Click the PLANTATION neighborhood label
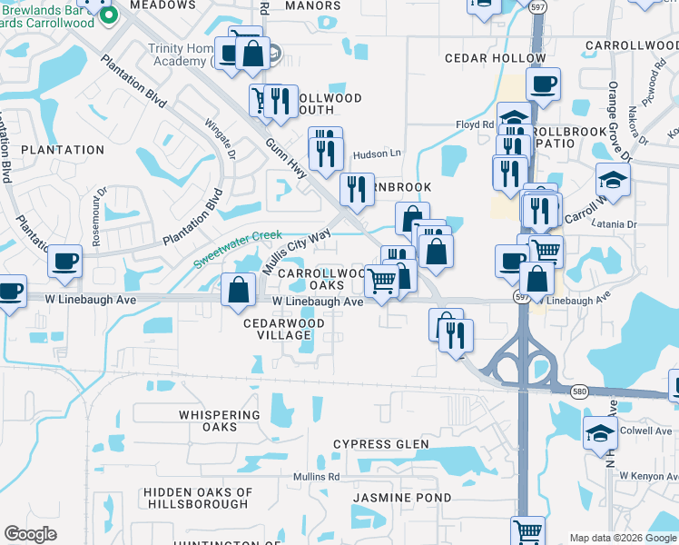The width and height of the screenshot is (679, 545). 63,150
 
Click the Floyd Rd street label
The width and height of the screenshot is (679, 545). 474,125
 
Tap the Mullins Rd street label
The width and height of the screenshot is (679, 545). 315,477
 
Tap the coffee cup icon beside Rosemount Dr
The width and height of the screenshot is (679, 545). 64,263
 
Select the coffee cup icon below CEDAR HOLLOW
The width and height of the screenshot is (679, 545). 543,85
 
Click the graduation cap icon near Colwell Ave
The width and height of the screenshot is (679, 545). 600,433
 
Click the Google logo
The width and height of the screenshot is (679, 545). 30,534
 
